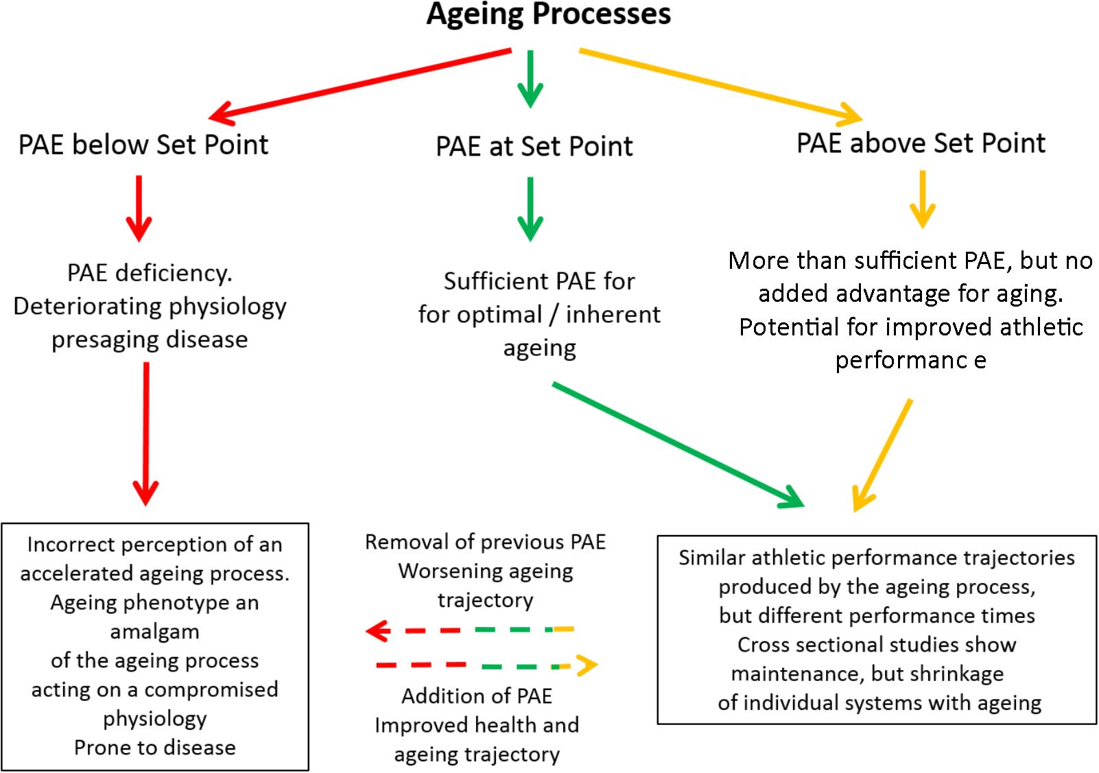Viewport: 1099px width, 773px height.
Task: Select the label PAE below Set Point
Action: [x=143, y=145]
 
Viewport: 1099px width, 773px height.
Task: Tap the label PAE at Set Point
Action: [x=534, y=147]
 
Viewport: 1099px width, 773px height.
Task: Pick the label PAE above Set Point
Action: [x=921, y=143]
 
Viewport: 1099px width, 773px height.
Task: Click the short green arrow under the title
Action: [x=530, y=78]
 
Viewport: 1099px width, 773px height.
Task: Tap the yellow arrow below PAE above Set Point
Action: [x=923, y=199]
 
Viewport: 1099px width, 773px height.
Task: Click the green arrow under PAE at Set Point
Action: [x=530, y=209]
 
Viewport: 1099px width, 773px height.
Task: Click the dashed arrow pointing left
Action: [x=470, y=630]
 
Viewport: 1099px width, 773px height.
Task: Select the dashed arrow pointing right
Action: [x=487, y=665]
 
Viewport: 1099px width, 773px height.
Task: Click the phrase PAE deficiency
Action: [x=150, y=273]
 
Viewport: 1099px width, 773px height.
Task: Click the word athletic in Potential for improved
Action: [x=1041, y=327]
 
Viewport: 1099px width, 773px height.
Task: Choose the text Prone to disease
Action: [x=155, y=748]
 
